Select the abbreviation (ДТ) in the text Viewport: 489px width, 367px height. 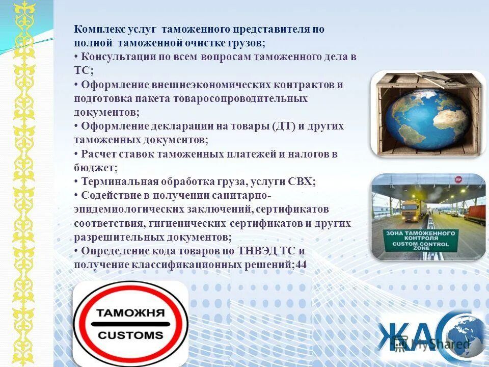284,126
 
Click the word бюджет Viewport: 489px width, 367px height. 95,168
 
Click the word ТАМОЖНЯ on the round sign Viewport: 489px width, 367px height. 130,312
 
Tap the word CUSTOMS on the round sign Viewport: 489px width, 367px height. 130,335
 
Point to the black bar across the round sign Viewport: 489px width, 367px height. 130,324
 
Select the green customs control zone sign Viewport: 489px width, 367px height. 421,240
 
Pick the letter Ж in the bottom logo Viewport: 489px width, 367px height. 394,336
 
